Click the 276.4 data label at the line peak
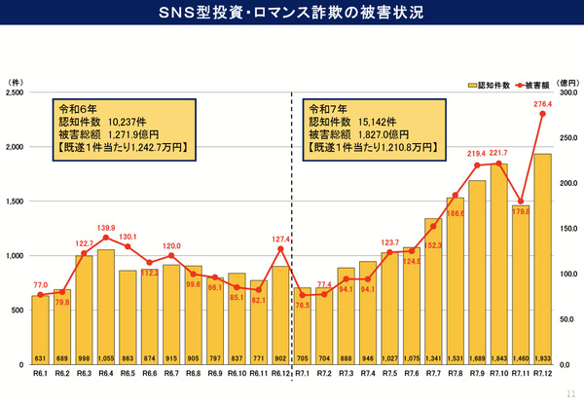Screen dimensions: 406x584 coord(543,104)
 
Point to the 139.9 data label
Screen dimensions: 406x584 coord(105,227)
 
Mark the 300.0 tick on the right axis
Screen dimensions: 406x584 coord(567,93)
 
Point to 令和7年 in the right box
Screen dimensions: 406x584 coord(327,109)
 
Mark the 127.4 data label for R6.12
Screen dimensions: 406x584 coord(280,238)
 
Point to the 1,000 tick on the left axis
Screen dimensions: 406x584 coord(15,256)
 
